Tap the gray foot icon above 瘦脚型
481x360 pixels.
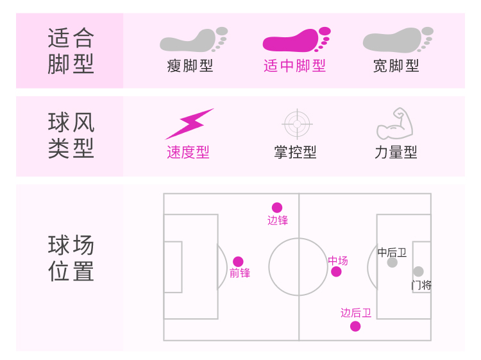(192, 40)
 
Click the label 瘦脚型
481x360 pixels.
(190, 65)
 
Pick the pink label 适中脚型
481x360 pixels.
(294, 65)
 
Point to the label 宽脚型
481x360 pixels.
(396, 65)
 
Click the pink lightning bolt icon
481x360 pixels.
(189, 124)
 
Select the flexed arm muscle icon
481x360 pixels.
(395, 124)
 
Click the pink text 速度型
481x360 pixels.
(188, 152)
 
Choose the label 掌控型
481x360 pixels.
(295, 152)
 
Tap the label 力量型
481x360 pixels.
(396, 152)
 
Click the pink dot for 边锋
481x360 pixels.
(277, 207)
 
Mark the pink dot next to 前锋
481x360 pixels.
(238, 262)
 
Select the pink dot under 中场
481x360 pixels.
(336, 271)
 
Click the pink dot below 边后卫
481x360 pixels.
(355, 326)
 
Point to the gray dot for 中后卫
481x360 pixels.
(392, 262)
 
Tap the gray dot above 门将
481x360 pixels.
(418, 271)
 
